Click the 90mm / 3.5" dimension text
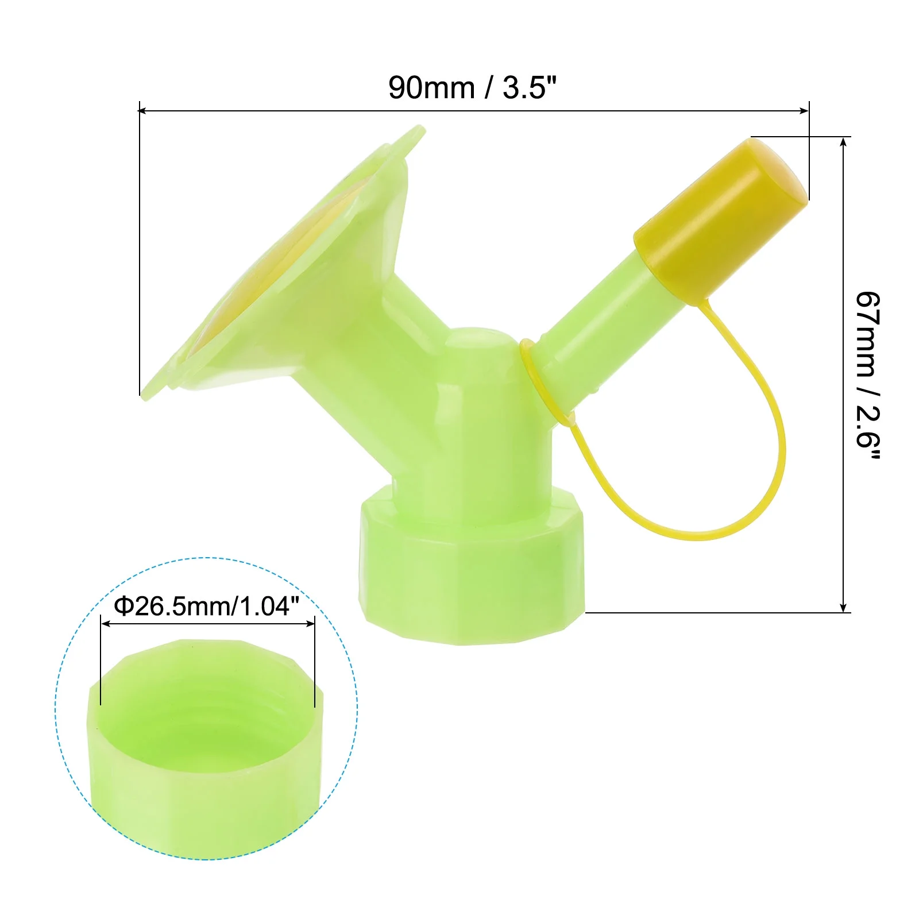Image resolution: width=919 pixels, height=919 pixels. tap(472, 88)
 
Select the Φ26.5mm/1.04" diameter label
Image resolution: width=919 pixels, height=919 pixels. tap(207, 606)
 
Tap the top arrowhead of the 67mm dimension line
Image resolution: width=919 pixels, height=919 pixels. tap(843, 142)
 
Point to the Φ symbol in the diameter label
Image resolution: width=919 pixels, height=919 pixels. tap(124, 606)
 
